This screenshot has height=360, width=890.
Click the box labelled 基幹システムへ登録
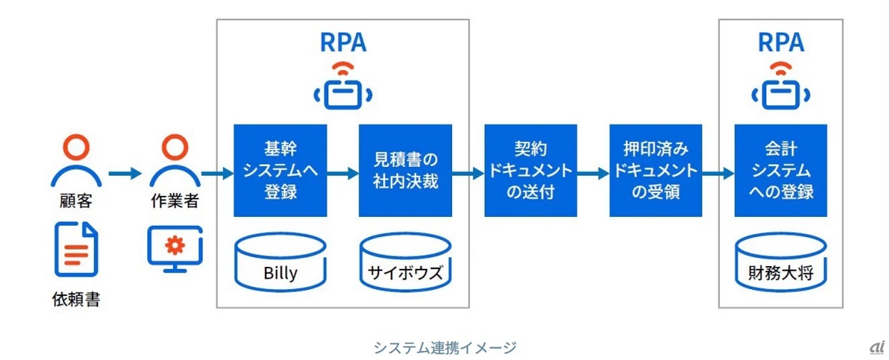(280, 171)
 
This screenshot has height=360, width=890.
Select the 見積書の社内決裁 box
(405, 171)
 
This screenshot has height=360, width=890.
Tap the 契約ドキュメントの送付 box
(531, 171)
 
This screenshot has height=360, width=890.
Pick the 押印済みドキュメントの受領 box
(656, 171)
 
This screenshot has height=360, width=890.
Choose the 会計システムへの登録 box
(781, 171)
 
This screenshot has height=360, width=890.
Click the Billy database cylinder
(280, 262)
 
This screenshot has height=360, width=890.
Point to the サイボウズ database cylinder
(405, 262)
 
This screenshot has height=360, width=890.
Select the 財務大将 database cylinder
(781, 262)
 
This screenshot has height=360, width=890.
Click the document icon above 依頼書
(76, 249)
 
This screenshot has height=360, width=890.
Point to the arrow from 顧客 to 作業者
(125, 172)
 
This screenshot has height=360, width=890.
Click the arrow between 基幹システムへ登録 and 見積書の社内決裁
(343, 172)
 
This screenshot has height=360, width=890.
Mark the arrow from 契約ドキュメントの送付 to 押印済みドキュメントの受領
(593, 172)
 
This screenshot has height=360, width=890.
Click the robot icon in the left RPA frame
(343, 88)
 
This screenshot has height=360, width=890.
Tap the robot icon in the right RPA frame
(781, 88)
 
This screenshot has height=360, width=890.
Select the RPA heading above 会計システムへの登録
(781, 43)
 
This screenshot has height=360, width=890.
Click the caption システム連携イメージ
(445, 347)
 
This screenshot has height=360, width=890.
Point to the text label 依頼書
(76, 300)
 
